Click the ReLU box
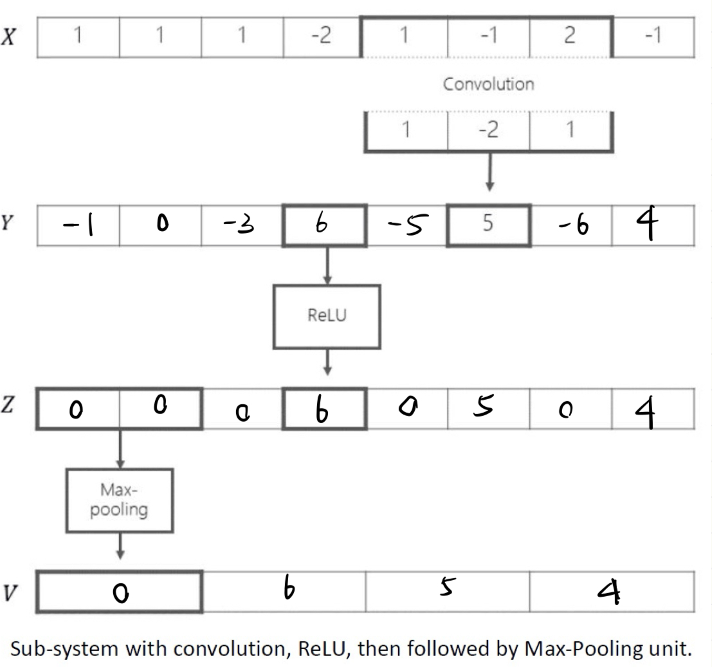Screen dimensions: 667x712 (326, 316)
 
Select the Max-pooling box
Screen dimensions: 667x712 (119, 500)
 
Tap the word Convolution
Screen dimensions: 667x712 (489, 84)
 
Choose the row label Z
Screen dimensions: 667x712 (8, 409)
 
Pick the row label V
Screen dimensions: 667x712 (9, 592)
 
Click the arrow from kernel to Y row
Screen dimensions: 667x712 (489, 172)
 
